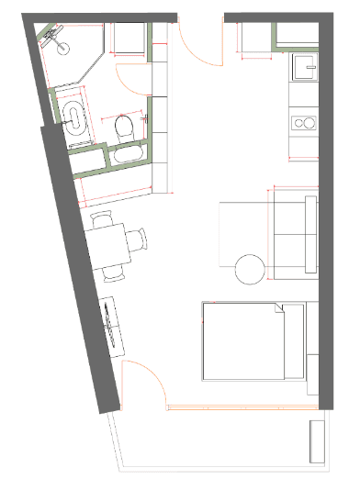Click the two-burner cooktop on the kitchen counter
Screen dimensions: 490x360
click(303, 122)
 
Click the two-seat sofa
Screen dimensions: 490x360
click(294, 234)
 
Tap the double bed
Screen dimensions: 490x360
click(250, 341)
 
